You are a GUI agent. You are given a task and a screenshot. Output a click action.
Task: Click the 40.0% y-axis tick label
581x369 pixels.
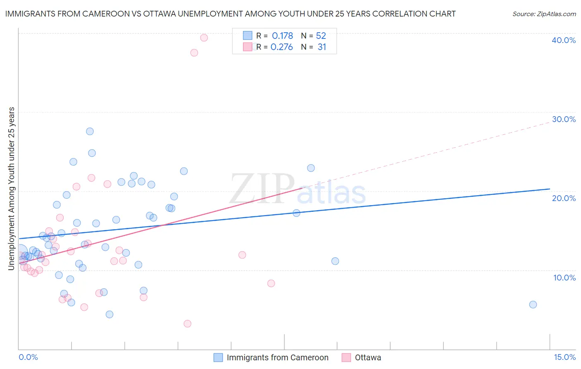(x=564, y=40)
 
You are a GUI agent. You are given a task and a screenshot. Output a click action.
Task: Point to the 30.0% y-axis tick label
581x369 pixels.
(x=564, y=119)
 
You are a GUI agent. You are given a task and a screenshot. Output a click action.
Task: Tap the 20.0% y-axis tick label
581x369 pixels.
(x=564, y=198)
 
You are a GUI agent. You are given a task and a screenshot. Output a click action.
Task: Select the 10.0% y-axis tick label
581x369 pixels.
(x=564, y=278)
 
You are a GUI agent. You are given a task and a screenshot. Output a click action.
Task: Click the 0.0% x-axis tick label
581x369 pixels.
(x=28, y=357)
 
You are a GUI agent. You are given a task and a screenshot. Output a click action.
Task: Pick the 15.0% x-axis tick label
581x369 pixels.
(x=564, y=357)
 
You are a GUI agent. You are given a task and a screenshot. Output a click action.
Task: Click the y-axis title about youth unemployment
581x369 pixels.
(x=11, y=189)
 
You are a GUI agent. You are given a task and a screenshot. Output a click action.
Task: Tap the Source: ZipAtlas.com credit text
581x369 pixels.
(x=544, y=14)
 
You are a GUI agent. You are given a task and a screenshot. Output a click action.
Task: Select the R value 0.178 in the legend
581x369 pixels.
(x=282, y=36)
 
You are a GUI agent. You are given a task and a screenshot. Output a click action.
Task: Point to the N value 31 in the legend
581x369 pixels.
(x=322, y=47)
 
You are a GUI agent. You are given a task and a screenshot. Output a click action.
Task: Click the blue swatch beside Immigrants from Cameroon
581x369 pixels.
(x=218, y=357)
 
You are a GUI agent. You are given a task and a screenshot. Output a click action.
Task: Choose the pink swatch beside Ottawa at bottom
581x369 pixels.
(x=346, y=357)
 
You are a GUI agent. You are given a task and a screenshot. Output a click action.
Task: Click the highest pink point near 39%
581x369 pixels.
(x=204, y=38)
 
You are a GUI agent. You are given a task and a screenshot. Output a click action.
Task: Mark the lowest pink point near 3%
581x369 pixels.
(x=188, y=323)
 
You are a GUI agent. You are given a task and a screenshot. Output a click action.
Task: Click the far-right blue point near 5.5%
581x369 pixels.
(x=533, y=304)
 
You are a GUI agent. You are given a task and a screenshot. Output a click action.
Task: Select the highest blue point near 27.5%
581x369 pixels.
(x=90, y=131)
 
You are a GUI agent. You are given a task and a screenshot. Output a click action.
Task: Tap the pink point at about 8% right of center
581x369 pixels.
(x=271, y=283)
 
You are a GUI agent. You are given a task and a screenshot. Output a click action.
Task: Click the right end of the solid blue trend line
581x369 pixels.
(x=550, y=189)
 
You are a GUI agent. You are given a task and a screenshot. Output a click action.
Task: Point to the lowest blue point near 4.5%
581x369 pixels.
(x=110, y=314)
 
